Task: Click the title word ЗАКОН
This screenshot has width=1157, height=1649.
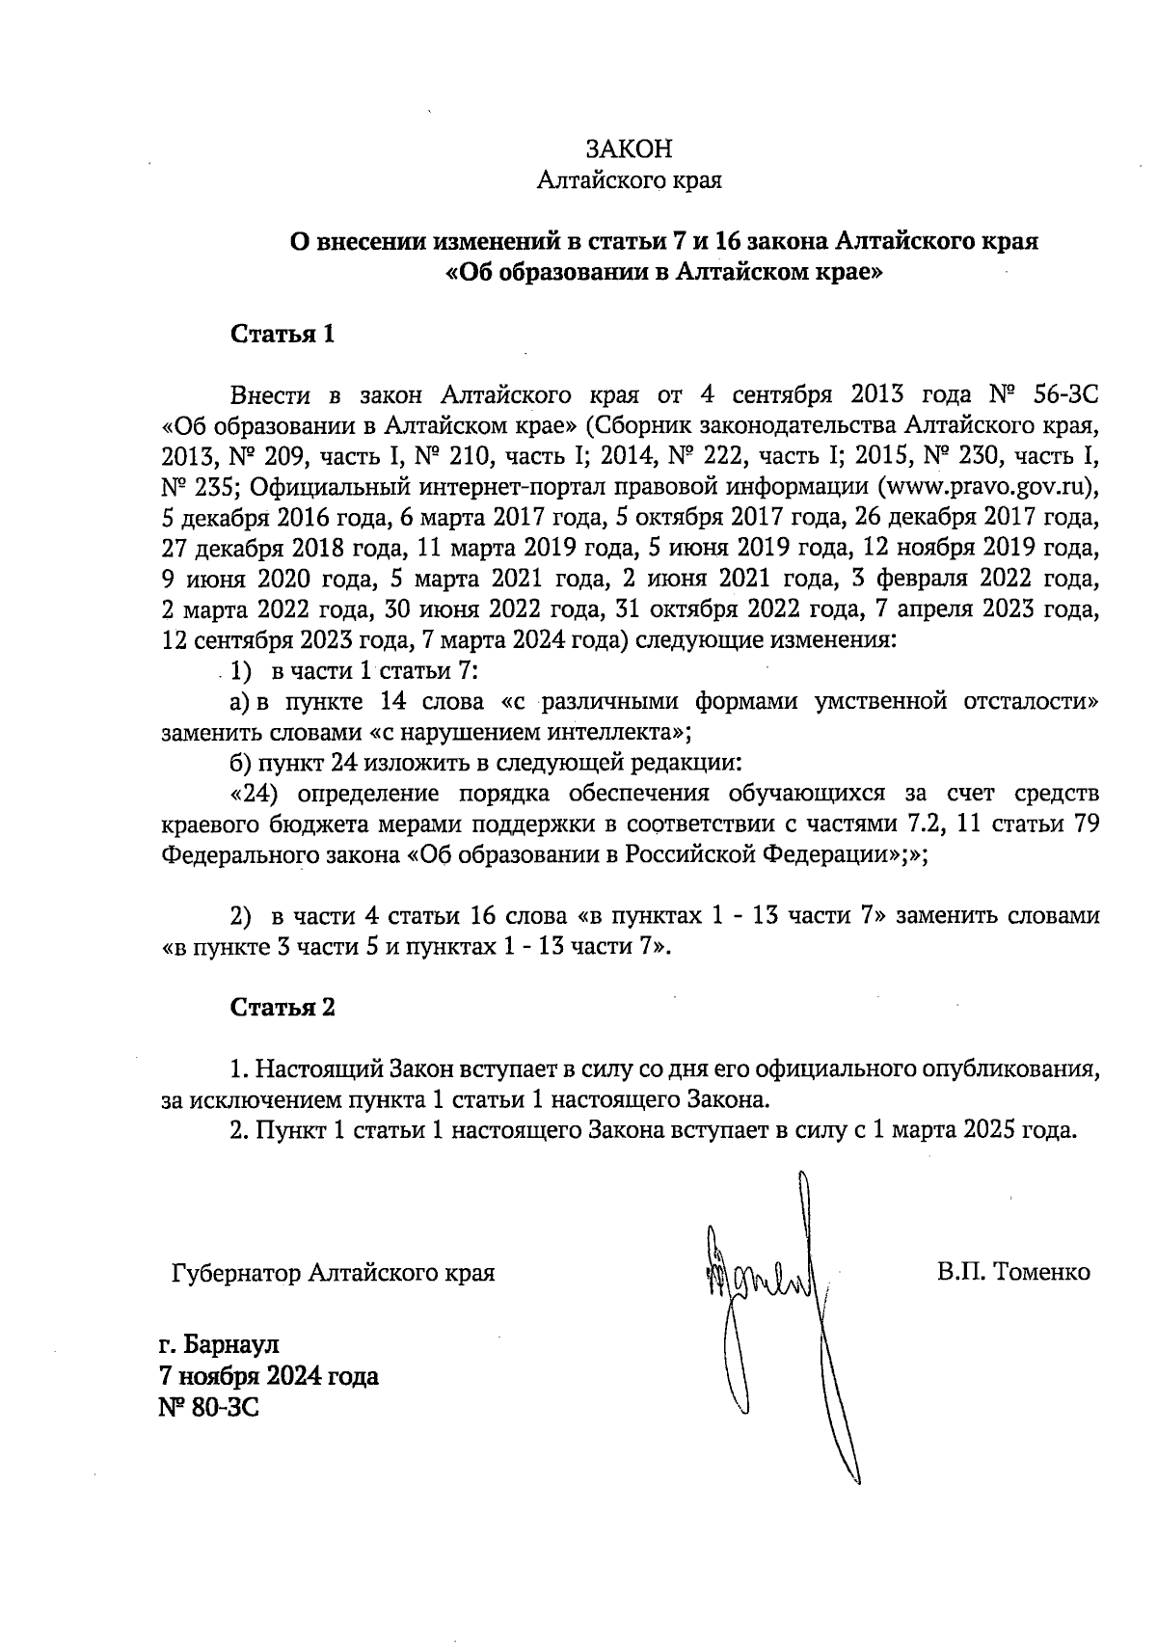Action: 629,149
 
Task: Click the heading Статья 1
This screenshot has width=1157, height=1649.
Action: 283,335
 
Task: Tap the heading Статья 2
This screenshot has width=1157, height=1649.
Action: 283,1008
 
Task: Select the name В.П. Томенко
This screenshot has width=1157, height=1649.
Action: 1012,1272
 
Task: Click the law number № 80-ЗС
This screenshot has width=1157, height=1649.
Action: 209,1409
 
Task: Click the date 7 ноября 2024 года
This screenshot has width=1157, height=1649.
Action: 269,1376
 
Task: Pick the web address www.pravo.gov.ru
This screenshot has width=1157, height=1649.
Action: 983,484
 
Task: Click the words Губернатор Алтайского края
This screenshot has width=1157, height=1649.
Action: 333,1273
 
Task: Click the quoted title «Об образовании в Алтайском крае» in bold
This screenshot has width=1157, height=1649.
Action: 665,272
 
